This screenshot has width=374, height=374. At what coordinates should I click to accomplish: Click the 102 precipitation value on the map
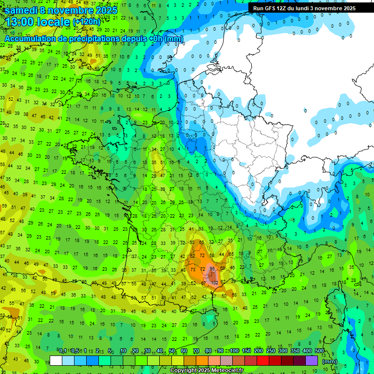click(x=214, y=282)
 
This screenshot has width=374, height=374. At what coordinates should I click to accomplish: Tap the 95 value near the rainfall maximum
click(x=212, y=268)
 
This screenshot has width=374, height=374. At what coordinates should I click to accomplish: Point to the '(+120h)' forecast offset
click(x=87, y=22)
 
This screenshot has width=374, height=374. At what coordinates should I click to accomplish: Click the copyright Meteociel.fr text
click(x=206, y=370)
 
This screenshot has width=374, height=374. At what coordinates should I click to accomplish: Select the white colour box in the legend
click(x=56, y=360)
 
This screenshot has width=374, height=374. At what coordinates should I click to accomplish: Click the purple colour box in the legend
click(x=312, y=360)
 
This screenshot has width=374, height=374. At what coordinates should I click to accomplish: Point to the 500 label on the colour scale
click(x=319, y=351)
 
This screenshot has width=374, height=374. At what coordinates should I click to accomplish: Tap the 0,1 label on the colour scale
click(x=63, y=351)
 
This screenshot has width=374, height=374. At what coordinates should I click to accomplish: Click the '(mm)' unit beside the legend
click(x=330, y=361)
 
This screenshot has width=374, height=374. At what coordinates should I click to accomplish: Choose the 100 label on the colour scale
click(x=234, y=351)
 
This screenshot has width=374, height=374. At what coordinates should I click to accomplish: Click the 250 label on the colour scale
click(x=271, y=351)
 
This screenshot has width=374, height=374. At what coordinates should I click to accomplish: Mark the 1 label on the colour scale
click(x=86, y=351)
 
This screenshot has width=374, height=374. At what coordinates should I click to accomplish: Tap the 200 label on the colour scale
click(x=259, y=351)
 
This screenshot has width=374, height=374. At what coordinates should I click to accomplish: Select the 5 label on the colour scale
click(x=111, y=351)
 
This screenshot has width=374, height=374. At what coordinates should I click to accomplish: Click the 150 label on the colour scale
click(x=246, y=351)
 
